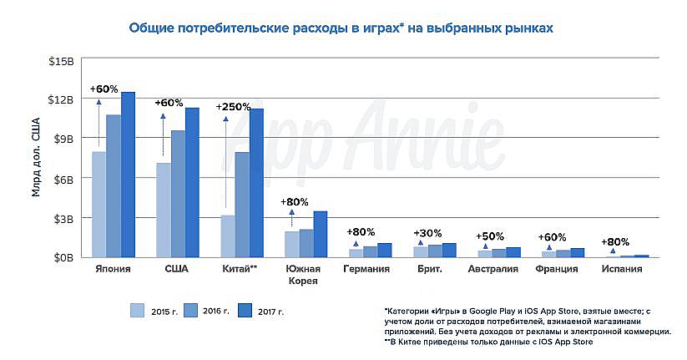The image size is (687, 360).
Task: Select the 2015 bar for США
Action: [x=164, y=209]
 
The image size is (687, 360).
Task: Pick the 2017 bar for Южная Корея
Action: [x=321, y=234]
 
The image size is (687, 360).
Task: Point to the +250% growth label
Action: [x=233, y=107]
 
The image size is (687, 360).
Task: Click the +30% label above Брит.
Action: [x=428, y=233]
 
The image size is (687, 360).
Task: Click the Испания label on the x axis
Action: [x=621, y=269]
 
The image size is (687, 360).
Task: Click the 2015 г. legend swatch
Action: [x=138, y=312]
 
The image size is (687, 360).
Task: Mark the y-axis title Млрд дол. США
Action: [x=36, y=159]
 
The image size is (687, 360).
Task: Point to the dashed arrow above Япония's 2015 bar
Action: [x=99, y=124]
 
